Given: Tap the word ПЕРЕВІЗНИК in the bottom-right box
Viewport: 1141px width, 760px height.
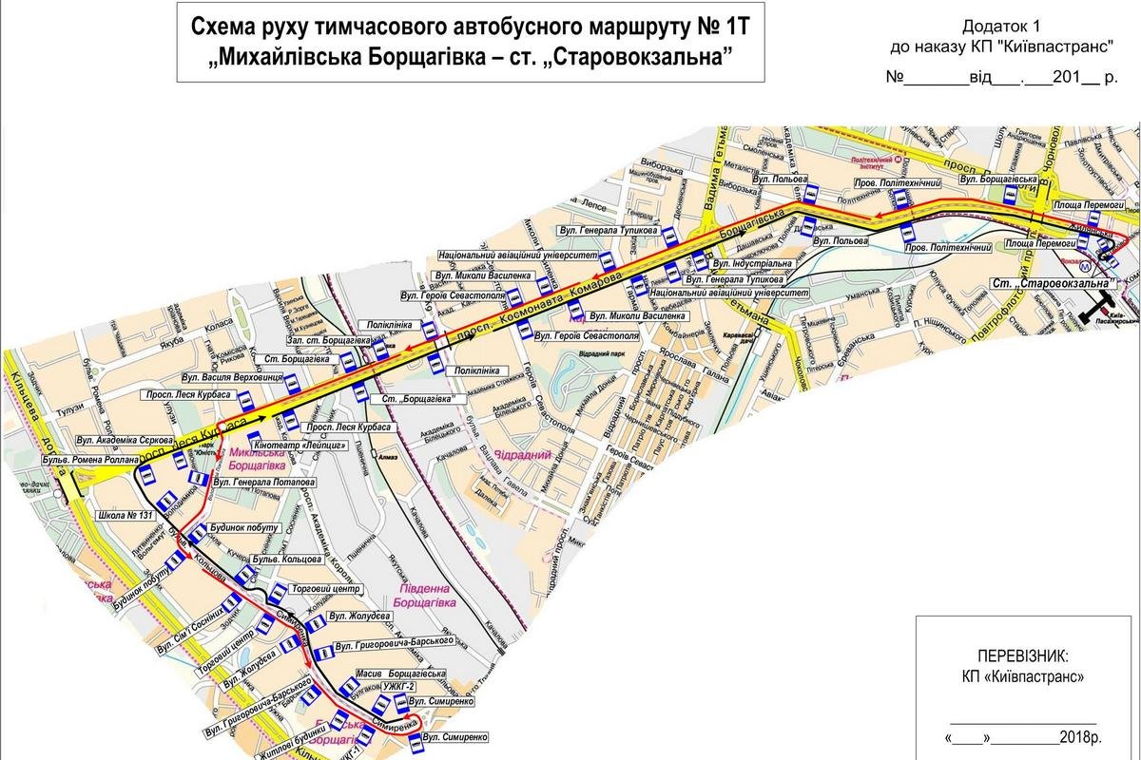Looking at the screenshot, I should point(1022,655).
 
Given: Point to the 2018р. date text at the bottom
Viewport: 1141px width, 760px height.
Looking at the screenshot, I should point(1084,736).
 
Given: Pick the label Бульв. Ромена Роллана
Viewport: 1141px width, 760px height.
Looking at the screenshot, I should point(90,461).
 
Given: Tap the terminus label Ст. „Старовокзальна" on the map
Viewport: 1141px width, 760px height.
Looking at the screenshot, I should point(1050,283).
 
